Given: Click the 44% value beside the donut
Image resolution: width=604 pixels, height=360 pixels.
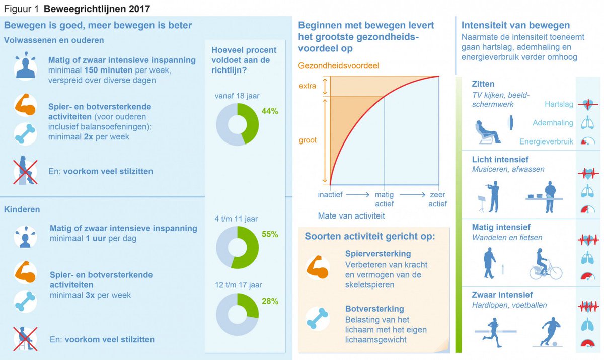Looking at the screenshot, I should [270, 111].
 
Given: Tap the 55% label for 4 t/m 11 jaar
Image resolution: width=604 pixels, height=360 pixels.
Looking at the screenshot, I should [270, 234].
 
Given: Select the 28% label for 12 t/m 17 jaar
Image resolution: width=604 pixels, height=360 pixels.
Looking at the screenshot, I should [270, 301].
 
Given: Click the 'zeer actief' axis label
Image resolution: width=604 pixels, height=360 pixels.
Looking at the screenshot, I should [437, 199].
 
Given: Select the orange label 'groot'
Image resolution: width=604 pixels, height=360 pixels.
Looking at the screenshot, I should [308, 140].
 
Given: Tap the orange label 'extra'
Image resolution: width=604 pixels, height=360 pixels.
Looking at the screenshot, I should [307, 86].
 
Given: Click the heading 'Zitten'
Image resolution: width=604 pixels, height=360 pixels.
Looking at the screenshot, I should [483, 84].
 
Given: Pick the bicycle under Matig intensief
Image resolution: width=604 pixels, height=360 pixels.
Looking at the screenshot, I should [545, 266].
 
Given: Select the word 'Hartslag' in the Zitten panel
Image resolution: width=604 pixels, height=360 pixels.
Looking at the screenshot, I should [559, 104].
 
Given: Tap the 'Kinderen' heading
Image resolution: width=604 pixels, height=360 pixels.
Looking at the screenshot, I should [22, 209].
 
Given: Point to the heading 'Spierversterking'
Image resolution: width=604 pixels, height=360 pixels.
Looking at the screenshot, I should [378, 254].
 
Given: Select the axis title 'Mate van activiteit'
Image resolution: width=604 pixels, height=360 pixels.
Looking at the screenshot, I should [351, 216].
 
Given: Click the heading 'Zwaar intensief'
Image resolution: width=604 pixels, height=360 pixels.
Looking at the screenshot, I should [502, 295].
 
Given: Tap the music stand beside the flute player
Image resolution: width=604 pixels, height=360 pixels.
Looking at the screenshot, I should [481, 203].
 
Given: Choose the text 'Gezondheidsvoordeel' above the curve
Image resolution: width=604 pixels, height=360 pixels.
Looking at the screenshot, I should [338, 66].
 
